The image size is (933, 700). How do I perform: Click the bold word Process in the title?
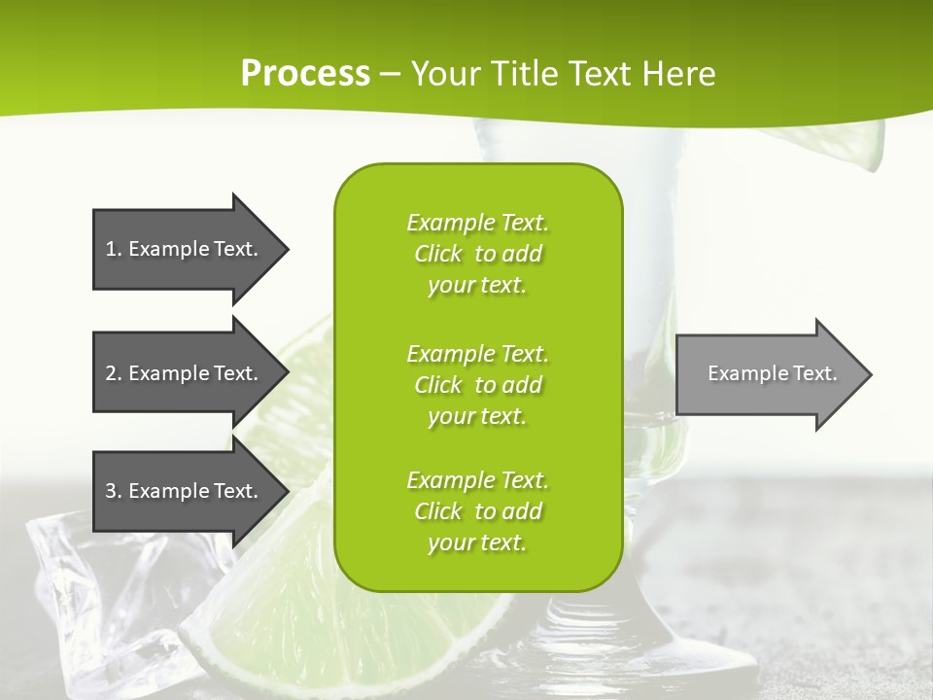(305, 74)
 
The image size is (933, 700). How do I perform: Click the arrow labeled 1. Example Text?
(185, 249)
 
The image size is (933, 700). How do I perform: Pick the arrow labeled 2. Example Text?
(185, 373)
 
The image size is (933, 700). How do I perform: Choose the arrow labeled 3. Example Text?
(185, 491)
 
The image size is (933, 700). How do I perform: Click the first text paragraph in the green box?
(477, 253)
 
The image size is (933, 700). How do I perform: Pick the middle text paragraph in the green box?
(477, 384)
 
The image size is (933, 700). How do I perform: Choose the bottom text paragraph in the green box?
(477, 510)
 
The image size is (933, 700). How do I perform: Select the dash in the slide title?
(390, 75)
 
